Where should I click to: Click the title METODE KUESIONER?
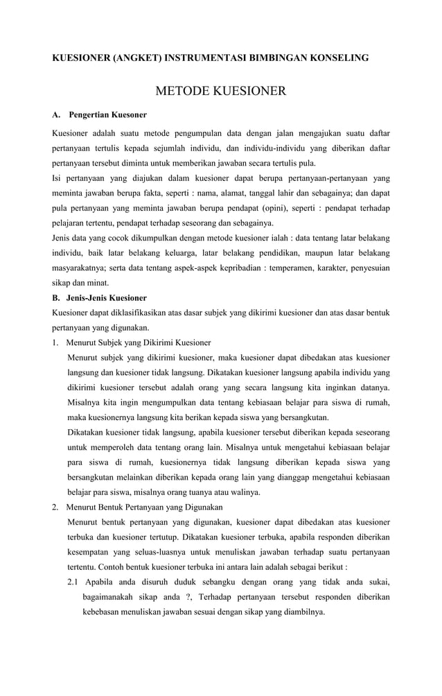click(220, 91)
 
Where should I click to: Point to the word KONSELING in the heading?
click(336, 59)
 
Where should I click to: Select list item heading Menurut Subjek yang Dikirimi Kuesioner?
click(138, 342)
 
